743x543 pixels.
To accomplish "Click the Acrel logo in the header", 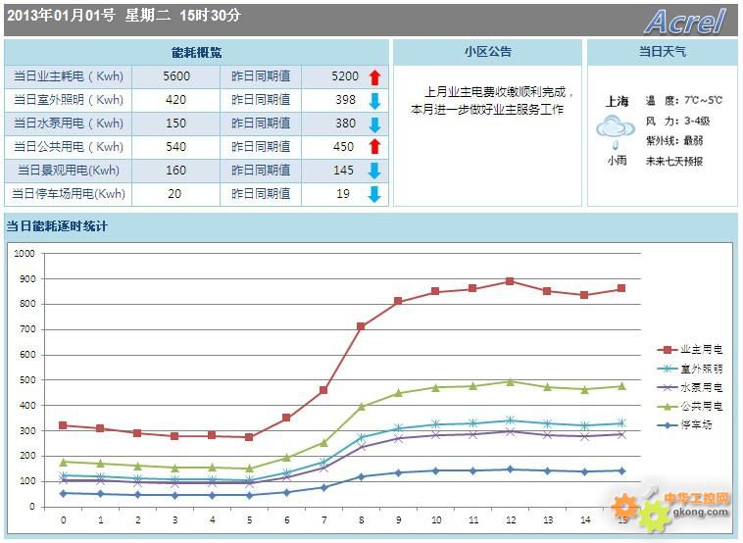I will click(x=685, y=21).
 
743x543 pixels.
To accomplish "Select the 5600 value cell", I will click(x=176, y=76).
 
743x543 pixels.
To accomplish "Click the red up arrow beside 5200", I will click(x=374, y=76).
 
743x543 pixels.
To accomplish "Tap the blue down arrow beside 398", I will click(x=374, y=100).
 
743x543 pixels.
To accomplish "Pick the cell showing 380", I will click(x=345, y=123).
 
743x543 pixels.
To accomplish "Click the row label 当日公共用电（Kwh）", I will click(x=69, y=147).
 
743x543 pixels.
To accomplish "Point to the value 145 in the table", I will click(x=344, y=171).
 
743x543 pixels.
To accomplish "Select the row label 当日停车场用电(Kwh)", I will click(x=69, y=194).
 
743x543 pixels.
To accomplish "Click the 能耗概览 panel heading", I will click(x=196, y=52).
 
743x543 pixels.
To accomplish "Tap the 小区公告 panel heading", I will click(x=487, y=52).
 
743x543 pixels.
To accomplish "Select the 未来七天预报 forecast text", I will click(x=673, y=161).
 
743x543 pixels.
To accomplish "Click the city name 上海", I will click(x=618, y=101).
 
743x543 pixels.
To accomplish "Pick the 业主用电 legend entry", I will click(x=691, y=350).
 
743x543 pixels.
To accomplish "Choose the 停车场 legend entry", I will click(x=691, y=424).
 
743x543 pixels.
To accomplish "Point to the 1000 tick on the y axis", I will click(x=25, y=253).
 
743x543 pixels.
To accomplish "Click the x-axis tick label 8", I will click(x=361, y=519).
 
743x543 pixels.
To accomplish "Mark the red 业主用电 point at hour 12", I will click(x=510, y=281).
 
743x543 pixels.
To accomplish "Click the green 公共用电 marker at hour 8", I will click(x=361, y=406).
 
